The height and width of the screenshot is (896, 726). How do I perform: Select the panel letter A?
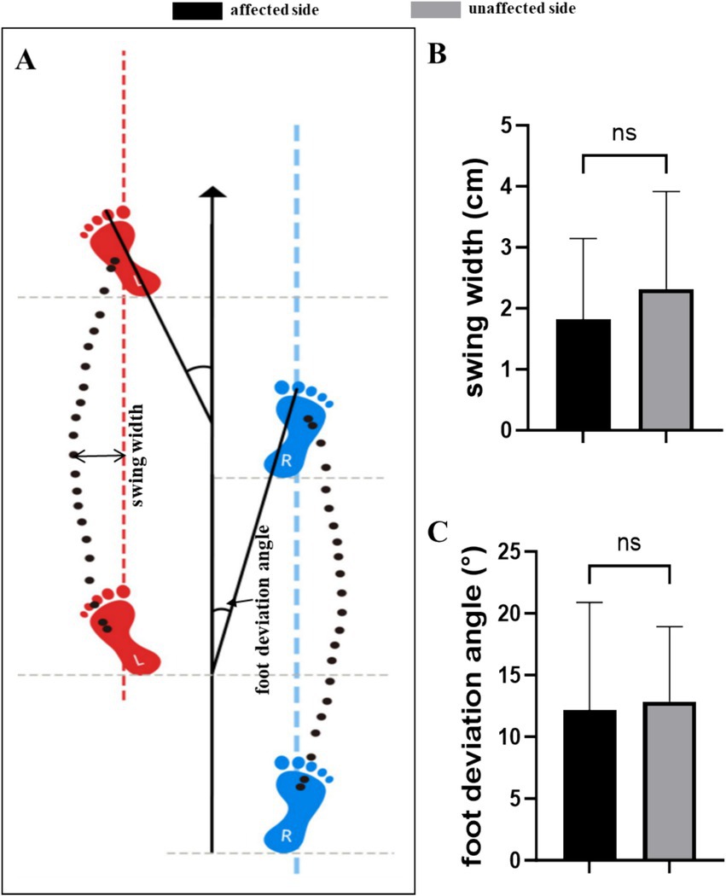(25, 61)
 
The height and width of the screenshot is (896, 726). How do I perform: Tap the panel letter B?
(436, 54)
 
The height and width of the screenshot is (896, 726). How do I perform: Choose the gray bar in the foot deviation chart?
(670, 781)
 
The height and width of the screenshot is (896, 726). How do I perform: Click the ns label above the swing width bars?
(624, 133)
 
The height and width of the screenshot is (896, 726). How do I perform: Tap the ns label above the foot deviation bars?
(627, 543)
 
